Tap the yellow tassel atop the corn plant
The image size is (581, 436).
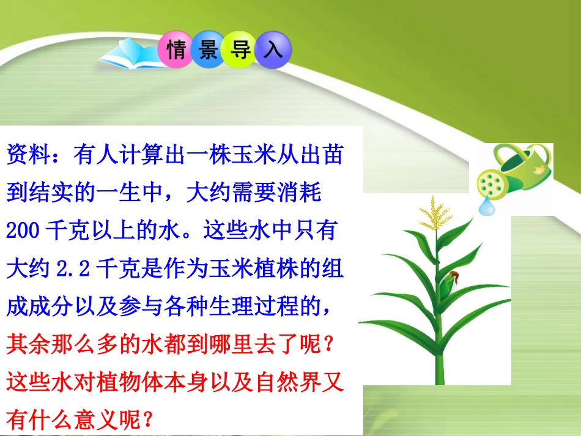pos(435,215)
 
